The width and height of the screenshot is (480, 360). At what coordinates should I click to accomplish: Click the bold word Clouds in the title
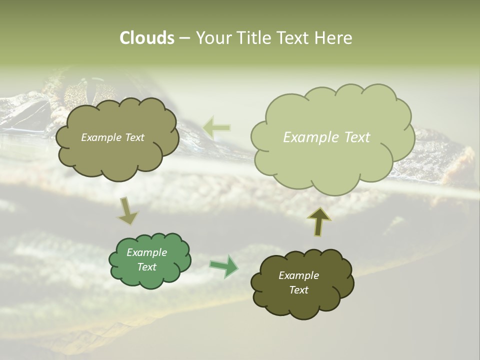146,38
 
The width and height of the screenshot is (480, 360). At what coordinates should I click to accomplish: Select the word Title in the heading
254,38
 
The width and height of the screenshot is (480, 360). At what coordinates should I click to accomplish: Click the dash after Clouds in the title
184,38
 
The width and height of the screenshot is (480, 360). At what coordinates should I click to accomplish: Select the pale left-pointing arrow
217,128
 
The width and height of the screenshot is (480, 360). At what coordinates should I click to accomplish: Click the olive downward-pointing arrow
127,210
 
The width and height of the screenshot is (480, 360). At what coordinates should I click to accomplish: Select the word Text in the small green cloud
147,267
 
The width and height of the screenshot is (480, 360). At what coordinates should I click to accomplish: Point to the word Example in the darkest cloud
298,275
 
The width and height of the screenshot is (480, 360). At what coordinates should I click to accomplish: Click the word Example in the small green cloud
147,252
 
